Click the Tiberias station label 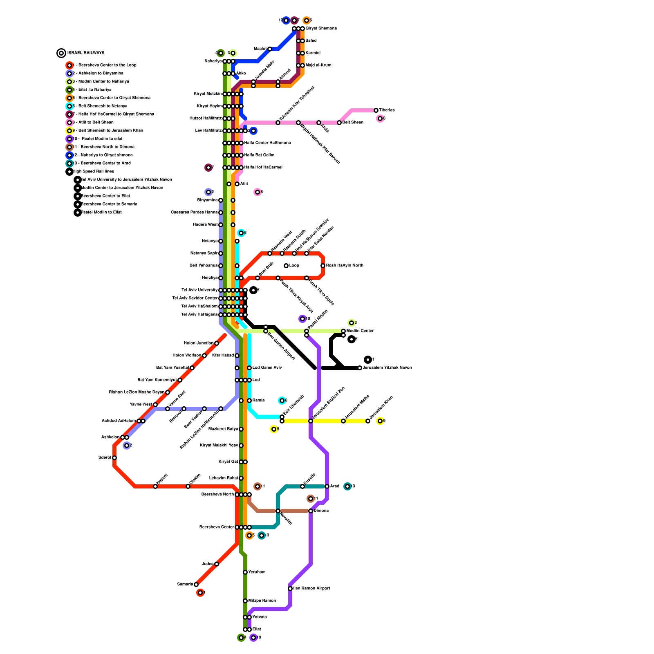387,110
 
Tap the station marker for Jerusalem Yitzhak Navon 360,368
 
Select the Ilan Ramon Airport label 311,589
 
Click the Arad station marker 327,486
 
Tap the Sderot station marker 114,458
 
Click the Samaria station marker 196,585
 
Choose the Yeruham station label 257,572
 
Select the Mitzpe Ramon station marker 245,601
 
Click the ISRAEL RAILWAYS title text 86,53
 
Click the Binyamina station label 207,200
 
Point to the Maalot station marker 270,49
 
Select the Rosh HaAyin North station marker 323,266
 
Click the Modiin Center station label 360,331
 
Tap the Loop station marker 286,266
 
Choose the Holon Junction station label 198,343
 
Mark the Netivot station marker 155,486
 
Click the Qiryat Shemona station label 321,29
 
